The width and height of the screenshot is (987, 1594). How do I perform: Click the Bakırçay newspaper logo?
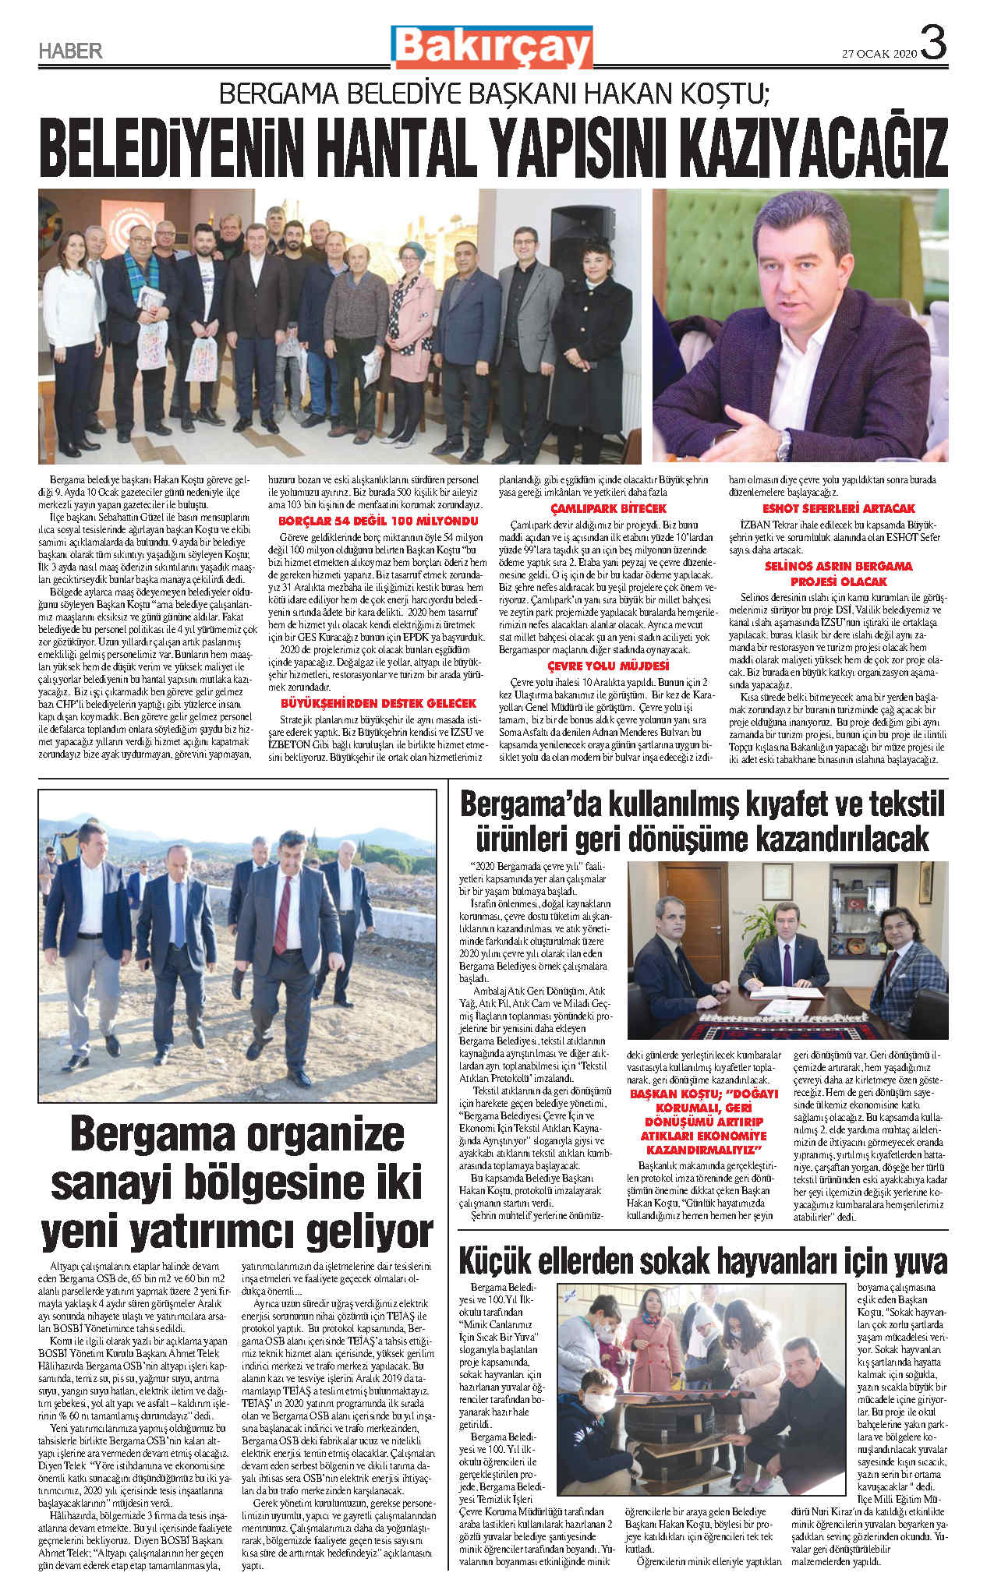click(x=492, y=47)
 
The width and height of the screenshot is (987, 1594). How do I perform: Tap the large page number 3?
click(x=933, y=44)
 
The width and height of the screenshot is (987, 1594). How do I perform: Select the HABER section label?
click(x=70, y=51)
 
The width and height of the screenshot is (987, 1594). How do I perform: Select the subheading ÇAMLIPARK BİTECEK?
click(x=608, y=508)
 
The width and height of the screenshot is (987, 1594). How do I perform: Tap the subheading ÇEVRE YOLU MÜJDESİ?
click(x=608, y=666)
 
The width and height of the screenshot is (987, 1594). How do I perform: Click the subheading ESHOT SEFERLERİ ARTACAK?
click(x=839, y=508)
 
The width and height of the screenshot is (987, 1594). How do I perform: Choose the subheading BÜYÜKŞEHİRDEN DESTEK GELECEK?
click(x=378, y=703)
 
